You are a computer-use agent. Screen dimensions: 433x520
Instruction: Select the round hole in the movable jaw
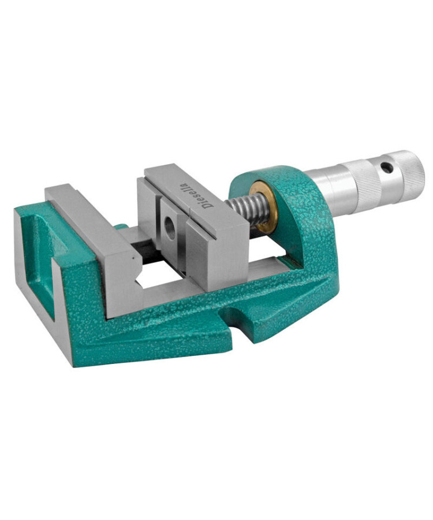click(170, 227)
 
